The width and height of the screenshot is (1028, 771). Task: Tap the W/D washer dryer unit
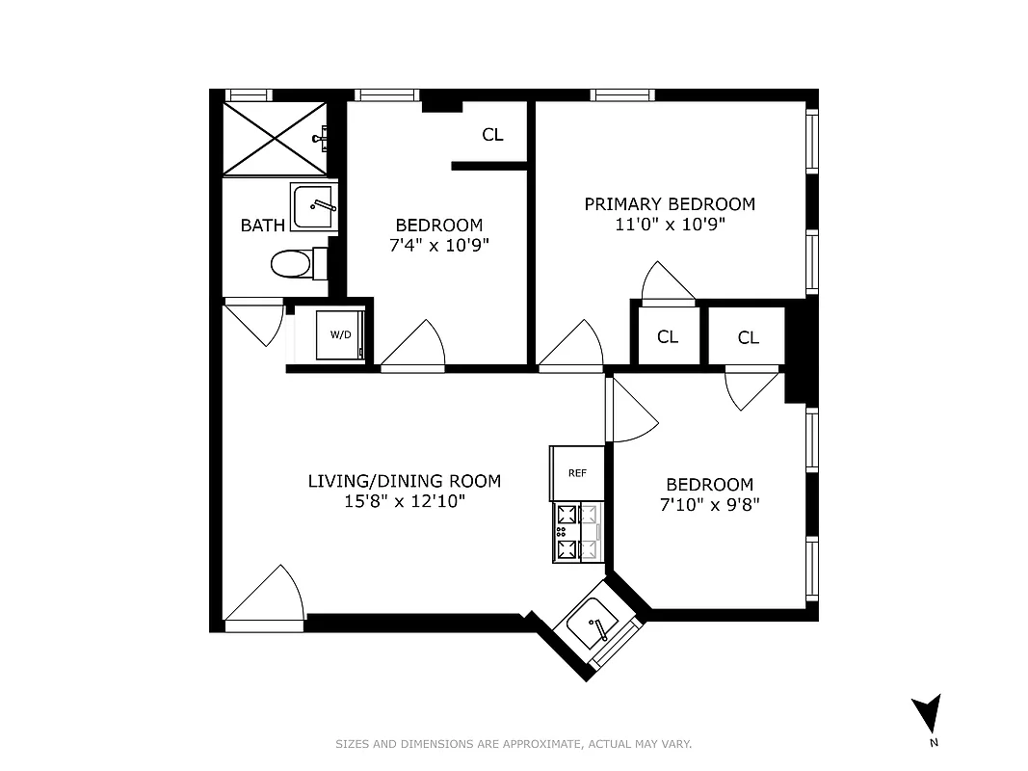pyautogui.click(x=340, y=334)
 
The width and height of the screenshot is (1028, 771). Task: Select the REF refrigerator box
pyautogui.click(x=577, y=472)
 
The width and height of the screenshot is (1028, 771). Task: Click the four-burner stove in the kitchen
pyautogui.click(x=577, y=532)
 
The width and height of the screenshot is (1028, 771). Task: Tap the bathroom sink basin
pyautogui.click(x=314, y=205)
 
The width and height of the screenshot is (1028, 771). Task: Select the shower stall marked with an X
pyautogui.click(x=275, y=138)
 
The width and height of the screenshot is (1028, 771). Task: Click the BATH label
pyautogui.click(x=262, y=226)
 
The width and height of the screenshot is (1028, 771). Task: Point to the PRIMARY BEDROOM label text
pyautogui.click(x=670, y=204)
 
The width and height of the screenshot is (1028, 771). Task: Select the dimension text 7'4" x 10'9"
pyautogui.click(x=438, y=245)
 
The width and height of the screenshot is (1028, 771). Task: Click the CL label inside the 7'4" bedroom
pyautogui.click(x=492, y=135)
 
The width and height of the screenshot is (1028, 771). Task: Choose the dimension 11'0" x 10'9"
pyautogui.click(x=670, y=225)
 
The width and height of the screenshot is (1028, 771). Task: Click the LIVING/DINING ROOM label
pyautogui.click(x=404, y=481)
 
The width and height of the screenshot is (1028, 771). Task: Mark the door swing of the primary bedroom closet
pyautogui.click(x=668, y=282)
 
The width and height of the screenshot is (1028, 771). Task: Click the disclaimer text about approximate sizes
pyautogui.click(x=514, y=744)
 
